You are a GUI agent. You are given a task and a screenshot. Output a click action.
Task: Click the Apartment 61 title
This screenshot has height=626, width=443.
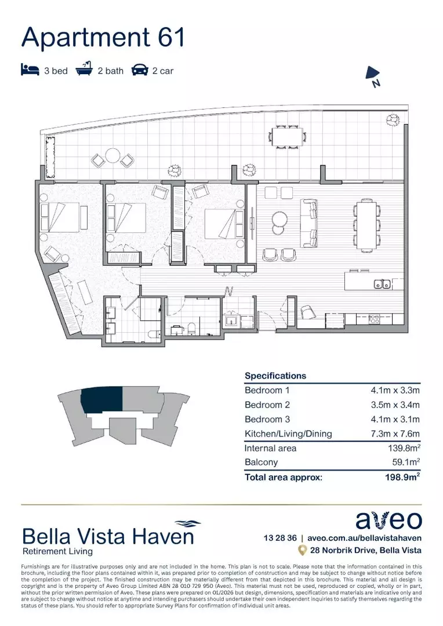click(103, 37)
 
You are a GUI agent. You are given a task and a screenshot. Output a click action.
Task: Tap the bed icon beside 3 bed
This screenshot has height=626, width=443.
click(30, 71)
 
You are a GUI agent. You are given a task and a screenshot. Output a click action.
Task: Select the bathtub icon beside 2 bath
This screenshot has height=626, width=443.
click(85, 70)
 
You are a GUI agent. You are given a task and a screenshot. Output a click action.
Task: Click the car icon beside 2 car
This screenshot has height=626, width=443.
click(139, 71)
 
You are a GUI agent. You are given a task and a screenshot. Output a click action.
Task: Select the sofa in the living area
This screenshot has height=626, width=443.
click(308, 223)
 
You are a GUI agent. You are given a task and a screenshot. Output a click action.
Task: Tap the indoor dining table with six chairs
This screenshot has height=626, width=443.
click(366, 224)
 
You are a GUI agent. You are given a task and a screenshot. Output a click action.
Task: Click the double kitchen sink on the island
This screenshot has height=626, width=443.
click(382, 284)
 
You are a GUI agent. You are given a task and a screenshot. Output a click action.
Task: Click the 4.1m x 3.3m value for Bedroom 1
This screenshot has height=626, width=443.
click(395, 390)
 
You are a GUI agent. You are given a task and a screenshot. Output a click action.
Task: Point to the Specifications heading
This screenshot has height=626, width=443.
click(275, 376)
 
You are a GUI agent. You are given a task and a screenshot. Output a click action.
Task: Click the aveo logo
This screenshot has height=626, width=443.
click(388, 520)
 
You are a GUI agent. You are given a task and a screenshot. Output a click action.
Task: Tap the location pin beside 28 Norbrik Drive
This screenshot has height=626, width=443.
click(302, 550)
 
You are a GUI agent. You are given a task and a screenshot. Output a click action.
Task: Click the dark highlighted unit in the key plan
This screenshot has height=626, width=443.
click(102, 400)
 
